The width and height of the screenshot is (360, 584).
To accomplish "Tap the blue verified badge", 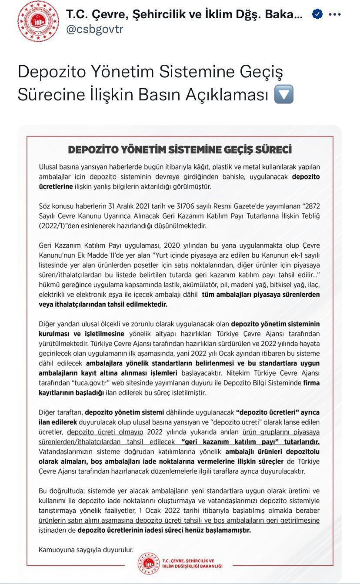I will [317, 14].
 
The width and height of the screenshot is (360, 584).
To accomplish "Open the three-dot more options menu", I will [335, 14].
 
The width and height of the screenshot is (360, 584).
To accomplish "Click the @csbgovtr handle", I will [95, 29].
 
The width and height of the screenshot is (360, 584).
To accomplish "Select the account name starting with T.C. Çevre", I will [184, 14].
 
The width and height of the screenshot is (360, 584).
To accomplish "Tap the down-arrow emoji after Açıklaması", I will [283, 94].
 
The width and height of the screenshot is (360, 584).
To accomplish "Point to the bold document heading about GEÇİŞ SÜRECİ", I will [180, 149].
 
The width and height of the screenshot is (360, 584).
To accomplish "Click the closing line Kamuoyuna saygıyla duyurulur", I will [86, 550].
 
